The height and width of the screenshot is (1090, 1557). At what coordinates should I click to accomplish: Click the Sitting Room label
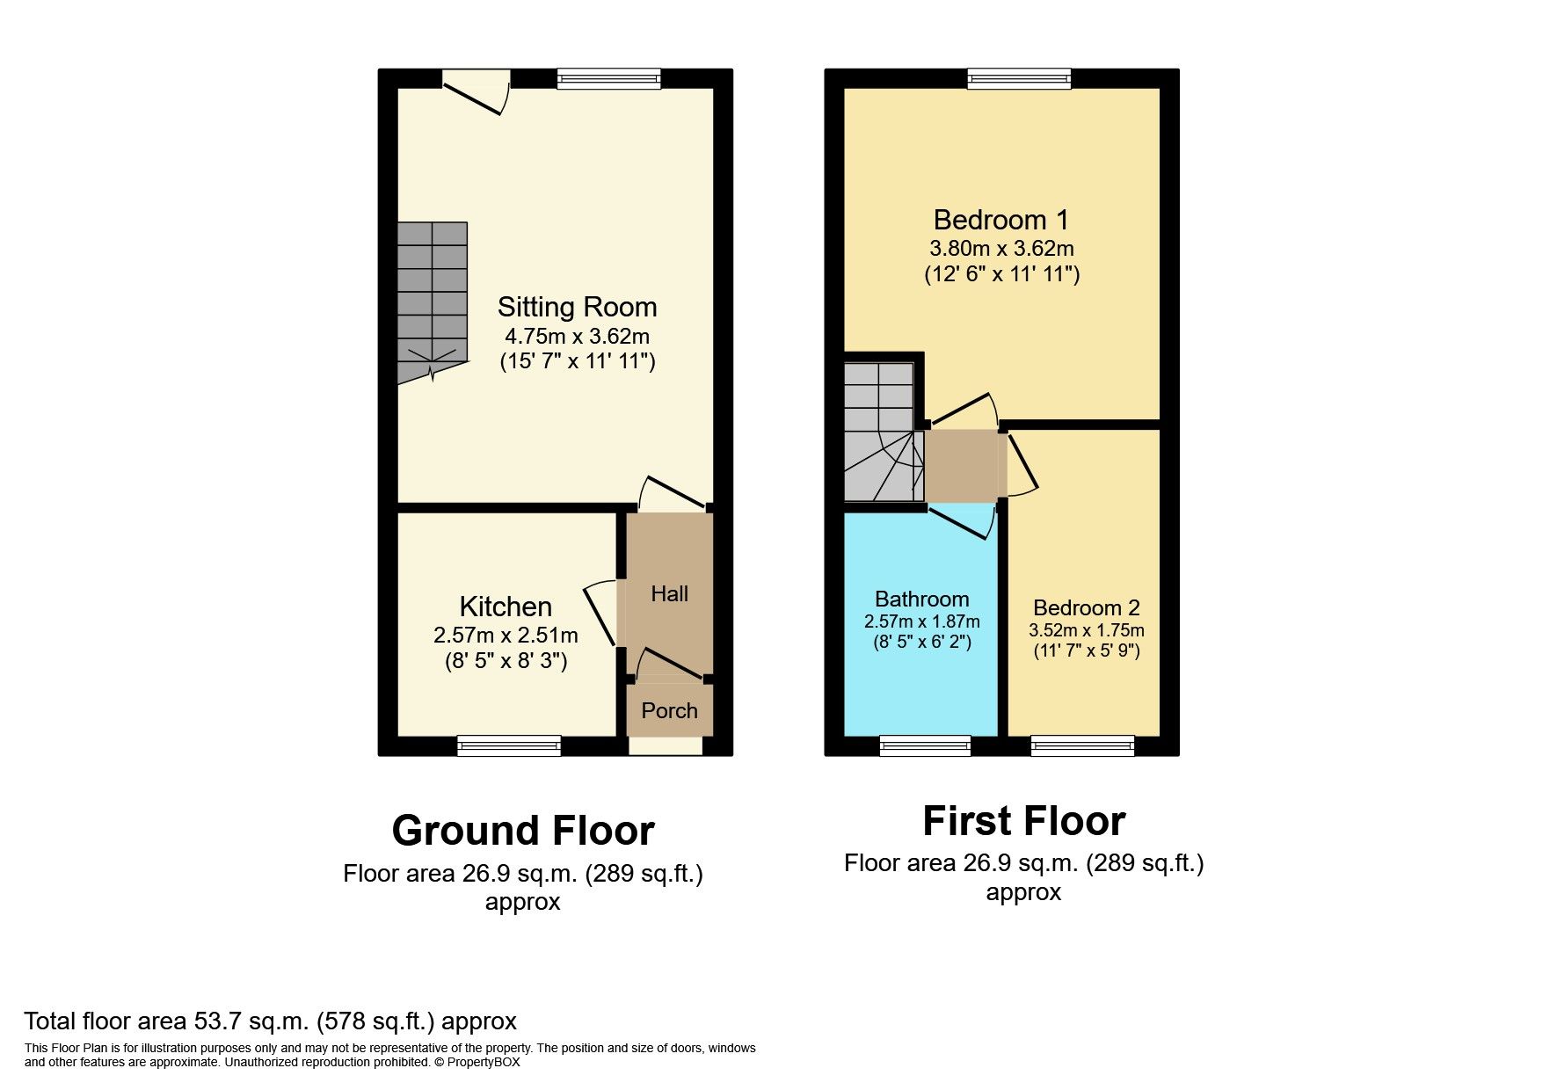577,307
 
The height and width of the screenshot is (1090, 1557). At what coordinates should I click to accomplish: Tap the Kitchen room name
506,607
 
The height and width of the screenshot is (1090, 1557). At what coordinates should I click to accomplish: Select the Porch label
669,710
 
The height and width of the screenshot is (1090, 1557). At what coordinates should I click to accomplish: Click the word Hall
669,594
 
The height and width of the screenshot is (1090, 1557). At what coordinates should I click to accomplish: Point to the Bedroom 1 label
1000,219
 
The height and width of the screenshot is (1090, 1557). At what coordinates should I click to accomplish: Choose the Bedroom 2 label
1086,607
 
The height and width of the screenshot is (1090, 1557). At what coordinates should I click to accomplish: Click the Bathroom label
921,599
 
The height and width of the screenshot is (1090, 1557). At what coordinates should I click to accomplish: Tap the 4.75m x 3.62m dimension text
577,336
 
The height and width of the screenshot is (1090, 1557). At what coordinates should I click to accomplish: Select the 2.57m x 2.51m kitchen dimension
506,635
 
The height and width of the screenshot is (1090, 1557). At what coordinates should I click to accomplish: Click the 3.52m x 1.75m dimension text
1086,630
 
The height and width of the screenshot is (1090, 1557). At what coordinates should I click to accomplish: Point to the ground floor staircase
432,299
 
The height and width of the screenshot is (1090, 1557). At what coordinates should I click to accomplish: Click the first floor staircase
882,431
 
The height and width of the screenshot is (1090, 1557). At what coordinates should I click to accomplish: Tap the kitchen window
509,746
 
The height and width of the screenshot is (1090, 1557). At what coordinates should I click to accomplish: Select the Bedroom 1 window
1019,79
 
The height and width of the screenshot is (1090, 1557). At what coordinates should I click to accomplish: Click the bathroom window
925,746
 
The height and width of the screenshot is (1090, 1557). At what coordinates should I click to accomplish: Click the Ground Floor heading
523,831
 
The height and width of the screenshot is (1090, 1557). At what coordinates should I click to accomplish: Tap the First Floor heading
1023,821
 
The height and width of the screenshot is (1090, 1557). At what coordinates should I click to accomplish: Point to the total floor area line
270,1021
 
